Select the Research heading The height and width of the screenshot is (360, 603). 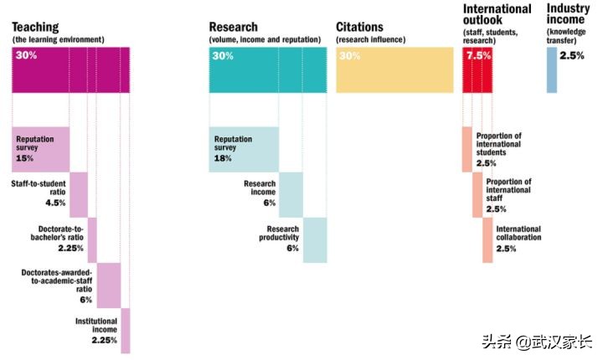(235, 27)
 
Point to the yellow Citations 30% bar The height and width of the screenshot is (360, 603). (394, 70)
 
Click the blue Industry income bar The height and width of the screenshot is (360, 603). (551, 69)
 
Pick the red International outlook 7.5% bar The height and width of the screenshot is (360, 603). (477, 70)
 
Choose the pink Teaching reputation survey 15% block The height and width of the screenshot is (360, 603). (40, 149)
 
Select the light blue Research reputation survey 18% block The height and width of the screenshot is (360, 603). (244, 149)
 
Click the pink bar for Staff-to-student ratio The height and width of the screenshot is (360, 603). (79, 194)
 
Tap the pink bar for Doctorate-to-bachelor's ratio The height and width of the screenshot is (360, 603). (92, 239)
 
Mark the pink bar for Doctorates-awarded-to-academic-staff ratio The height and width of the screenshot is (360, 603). (109, 285)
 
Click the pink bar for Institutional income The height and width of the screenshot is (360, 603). (126, 330)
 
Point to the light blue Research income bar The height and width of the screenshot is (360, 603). (291, 194)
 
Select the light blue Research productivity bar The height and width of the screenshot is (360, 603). (315, 239)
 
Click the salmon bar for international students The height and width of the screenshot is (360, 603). (466, 149)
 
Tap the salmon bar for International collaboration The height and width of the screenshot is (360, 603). (487, 239)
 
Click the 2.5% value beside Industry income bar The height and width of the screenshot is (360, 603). (573, 55)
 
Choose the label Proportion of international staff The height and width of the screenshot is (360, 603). (508, 190)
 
